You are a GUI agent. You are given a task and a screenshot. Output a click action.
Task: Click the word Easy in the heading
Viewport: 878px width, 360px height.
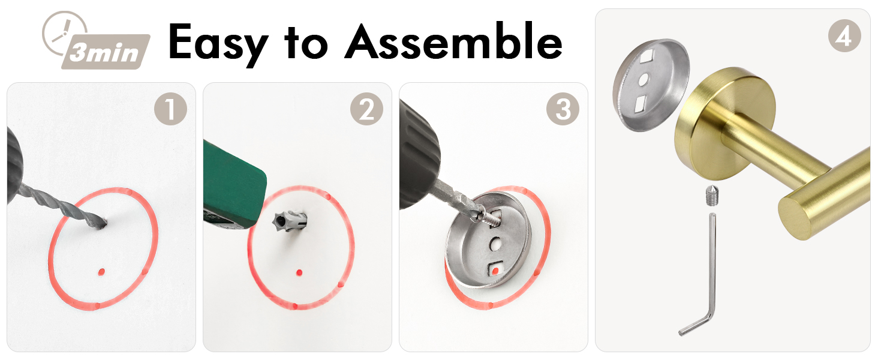point(218,43)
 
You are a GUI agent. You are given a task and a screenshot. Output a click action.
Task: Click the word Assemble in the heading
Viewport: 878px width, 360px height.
point(453,41)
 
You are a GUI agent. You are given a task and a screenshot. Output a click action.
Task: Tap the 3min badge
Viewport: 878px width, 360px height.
point(106,52)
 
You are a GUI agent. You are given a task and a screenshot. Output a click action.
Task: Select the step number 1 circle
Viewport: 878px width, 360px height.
point(170,109)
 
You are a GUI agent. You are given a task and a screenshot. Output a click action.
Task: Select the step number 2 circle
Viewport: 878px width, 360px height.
point(366,109)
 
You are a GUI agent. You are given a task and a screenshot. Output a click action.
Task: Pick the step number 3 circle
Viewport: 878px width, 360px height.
point(563,109)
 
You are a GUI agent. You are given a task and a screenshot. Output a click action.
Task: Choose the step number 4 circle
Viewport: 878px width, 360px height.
point(844,35)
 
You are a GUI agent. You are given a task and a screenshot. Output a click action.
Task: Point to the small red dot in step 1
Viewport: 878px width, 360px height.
point(101,271)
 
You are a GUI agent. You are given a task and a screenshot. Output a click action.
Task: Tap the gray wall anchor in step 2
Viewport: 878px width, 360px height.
point(290,221)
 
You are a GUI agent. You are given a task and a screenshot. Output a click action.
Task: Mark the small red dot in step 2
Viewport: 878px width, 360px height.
point(299,272)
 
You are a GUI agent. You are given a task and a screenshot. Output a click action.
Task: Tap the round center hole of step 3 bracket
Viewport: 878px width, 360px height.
point(495,244)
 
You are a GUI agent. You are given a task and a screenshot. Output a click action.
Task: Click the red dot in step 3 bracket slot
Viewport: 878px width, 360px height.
point(495,271)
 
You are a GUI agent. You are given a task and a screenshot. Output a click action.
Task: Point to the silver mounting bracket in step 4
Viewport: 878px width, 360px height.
point(650,85)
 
